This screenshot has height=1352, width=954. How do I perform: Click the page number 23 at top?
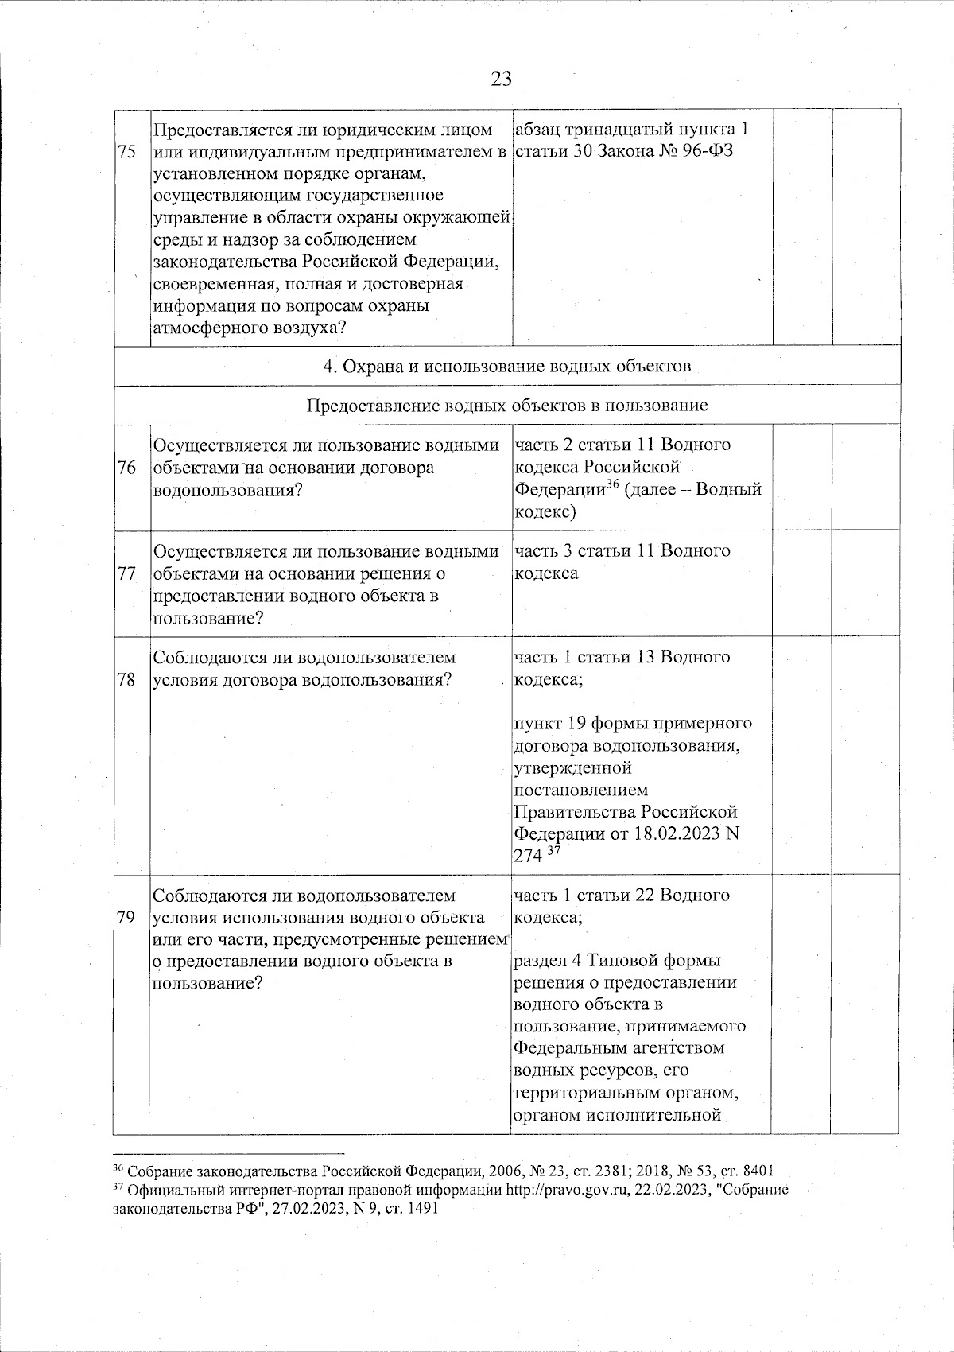(x=501, y=79)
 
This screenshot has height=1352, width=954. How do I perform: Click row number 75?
(x=127, y=153)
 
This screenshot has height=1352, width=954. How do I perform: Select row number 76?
(x=127, y=468)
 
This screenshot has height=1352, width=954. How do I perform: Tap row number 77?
(x=127, y=573)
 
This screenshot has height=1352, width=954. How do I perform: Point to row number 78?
(x=127, y=680)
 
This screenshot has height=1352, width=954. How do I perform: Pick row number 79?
(x=127, y=917)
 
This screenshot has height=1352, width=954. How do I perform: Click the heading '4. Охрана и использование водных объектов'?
(x=507, y=367)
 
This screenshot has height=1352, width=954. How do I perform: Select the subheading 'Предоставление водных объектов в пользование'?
(x=507, y=406)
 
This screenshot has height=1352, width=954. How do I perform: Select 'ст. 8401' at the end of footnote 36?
(x=748, y=1171)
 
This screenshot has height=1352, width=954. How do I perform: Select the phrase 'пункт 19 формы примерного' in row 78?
(x=633, y=724)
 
